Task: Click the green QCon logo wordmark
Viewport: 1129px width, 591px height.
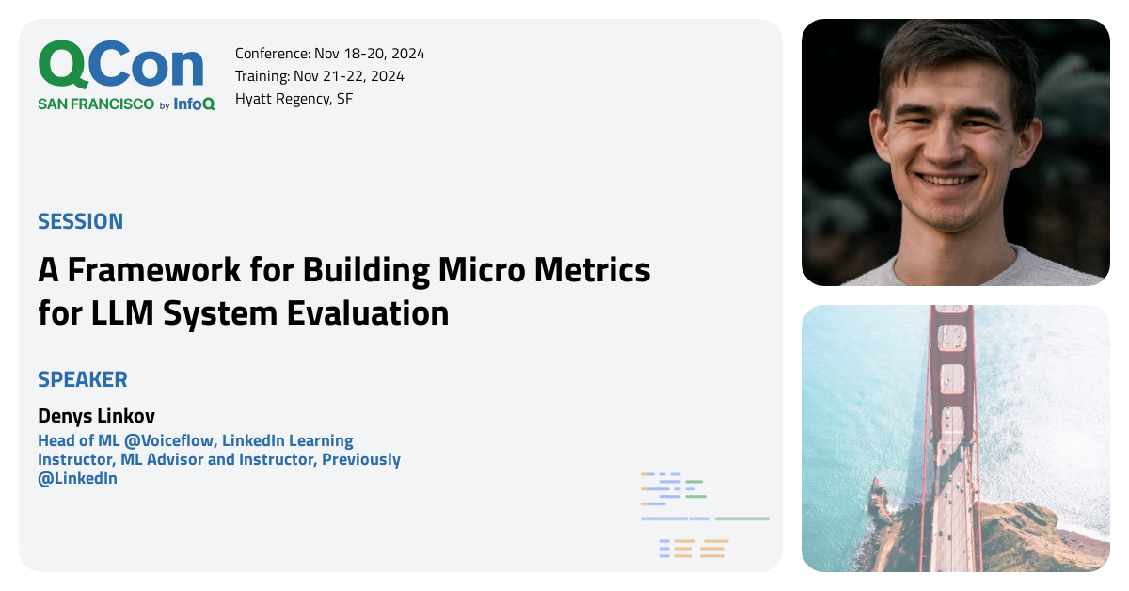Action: [x=120, y=66]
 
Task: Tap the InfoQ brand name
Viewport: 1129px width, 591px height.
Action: [x=195, y=104]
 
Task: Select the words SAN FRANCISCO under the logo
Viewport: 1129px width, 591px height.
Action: [x=96, y=104]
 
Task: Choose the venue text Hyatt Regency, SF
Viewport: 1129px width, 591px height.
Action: [x=294, y=99]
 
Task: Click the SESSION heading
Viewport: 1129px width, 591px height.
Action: [x=80, y=222]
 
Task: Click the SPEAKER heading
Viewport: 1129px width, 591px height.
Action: [x=83, y=380]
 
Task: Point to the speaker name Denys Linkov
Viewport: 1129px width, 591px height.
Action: [x=96, y=416]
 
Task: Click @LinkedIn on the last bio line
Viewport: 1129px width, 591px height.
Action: [x=77, y=478]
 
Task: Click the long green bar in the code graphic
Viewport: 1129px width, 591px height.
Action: [x=741, y=519]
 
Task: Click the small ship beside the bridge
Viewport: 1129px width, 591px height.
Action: [x=878, y=498]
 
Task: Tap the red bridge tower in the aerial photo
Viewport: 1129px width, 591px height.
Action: [x=953, y=376]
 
